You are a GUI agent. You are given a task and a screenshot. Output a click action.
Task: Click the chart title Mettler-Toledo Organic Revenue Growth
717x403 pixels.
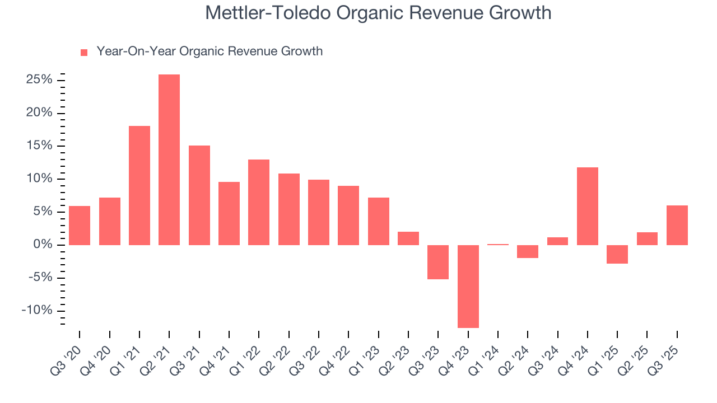(x=378, y=13)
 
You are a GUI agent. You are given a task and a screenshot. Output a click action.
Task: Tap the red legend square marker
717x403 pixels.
(x=84, y=52)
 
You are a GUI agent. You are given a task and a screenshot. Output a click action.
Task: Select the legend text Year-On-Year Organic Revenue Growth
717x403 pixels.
(x=209, y=51)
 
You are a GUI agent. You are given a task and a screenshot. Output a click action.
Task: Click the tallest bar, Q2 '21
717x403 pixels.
(x=169, y=160)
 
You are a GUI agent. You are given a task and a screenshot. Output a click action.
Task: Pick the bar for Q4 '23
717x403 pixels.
(x=468, y=286)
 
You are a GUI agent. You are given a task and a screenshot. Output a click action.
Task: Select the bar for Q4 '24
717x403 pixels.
(x=587, y=206)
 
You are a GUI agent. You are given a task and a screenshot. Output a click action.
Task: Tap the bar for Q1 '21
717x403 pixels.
(x=139, y=185)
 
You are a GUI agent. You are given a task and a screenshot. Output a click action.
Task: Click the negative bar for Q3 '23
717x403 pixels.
(x=438, y=262)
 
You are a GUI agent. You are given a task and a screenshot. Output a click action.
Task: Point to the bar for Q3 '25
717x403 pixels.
(x=677, y=225)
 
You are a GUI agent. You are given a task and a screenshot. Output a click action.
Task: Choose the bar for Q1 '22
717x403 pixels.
(x=259, y=202)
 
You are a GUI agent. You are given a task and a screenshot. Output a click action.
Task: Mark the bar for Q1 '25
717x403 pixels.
(x=617, y=254)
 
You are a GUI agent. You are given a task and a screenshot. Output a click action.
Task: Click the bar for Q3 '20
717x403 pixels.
(x=80, y=225)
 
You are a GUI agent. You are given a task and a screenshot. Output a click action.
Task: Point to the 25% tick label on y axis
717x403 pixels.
(x=39, y=80)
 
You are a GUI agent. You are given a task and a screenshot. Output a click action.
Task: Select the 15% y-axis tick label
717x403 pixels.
(x=39, y=146)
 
